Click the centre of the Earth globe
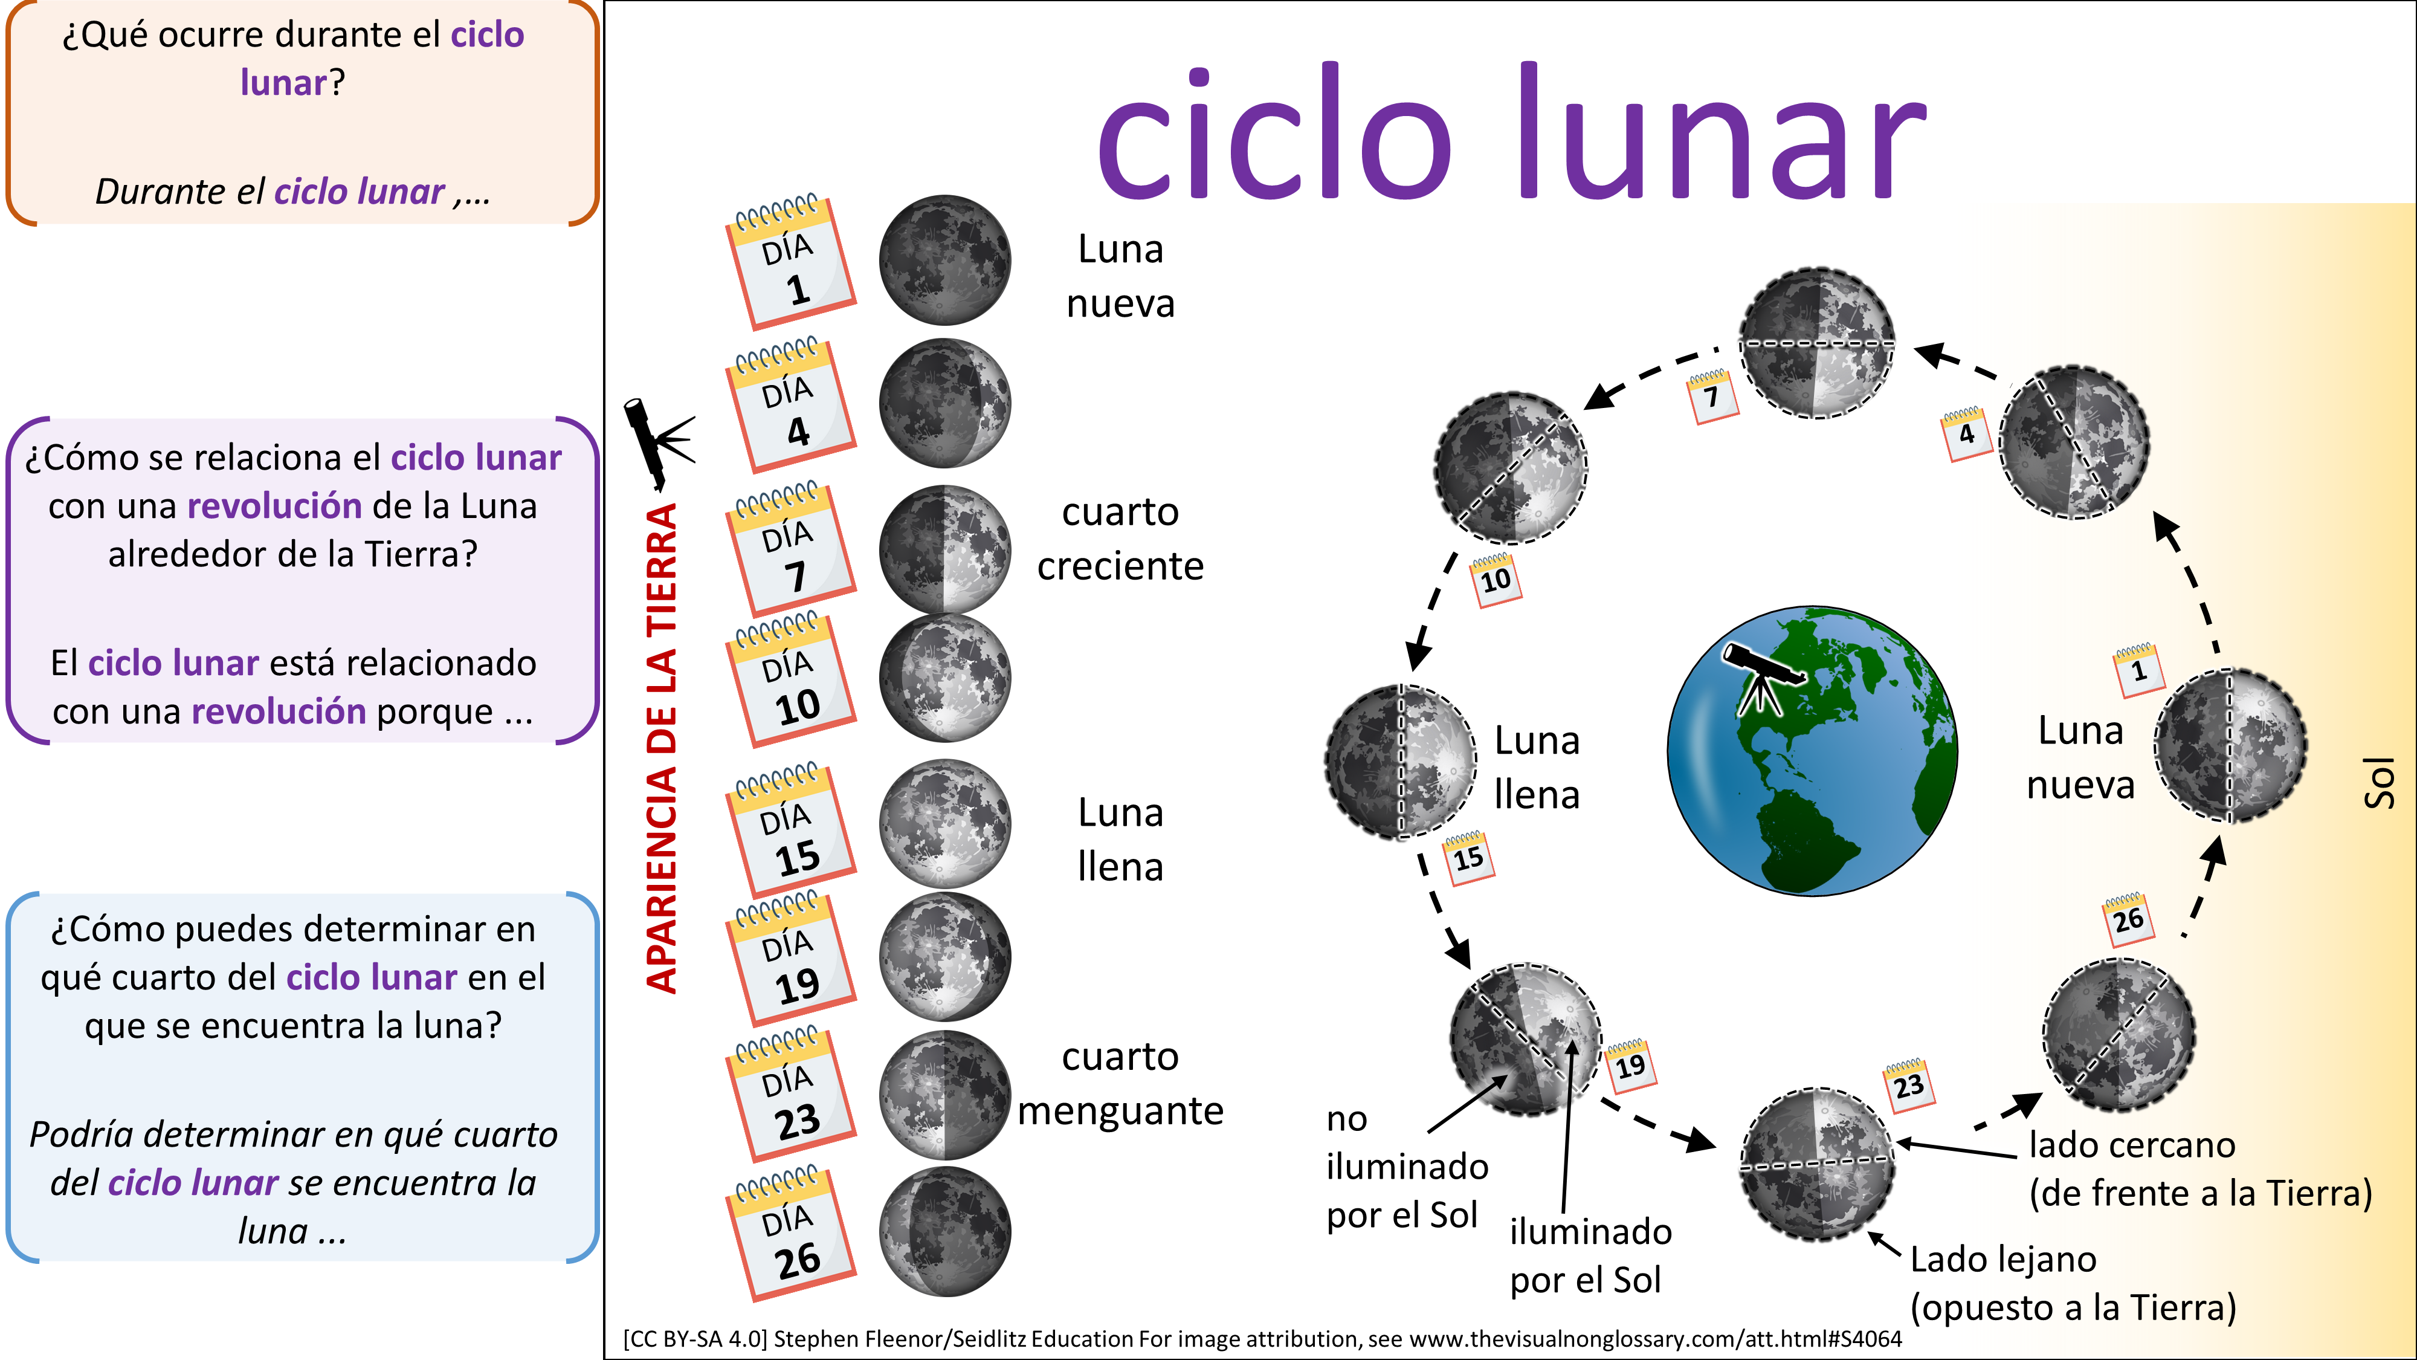tap(1812, 750)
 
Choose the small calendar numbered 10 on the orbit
tap(1495, 578)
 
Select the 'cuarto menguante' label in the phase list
tap(1120, 1083)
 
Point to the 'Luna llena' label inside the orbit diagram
tap(1537, 768)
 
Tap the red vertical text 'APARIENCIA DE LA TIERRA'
tap(662, 748)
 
